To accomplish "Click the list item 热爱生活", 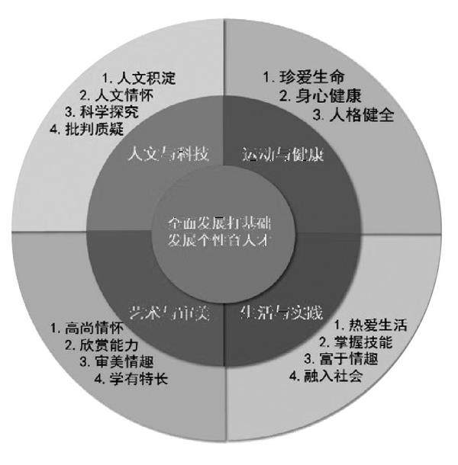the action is [370, 325].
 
